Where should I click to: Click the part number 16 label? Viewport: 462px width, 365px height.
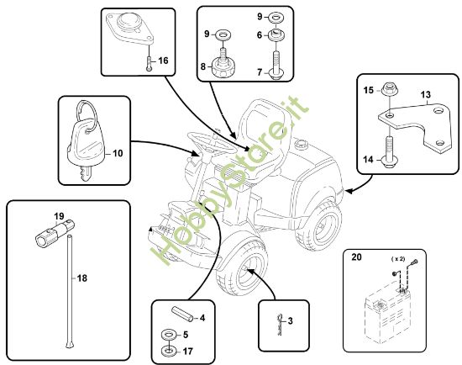[163, 61]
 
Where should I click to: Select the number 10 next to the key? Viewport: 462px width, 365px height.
[118, 153]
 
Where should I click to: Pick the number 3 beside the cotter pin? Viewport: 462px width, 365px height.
[290, 320]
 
